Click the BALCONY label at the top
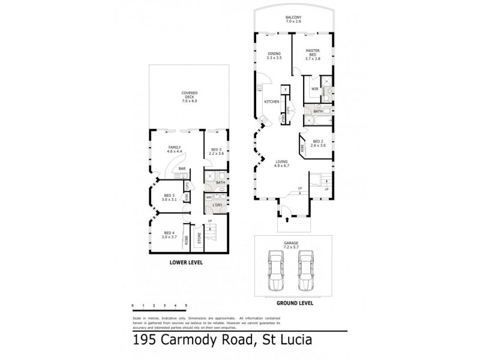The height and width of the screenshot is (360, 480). point(293,19)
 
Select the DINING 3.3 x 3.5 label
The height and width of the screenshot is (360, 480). point(274,56)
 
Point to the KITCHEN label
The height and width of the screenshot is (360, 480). point(272,101)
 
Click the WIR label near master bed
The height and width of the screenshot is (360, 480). point(314,89)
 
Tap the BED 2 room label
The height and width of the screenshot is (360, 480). point(317,144)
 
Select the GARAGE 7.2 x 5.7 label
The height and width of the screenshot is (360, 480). point(292,244)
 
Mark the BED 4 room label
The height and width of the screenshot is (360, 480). point(169,235)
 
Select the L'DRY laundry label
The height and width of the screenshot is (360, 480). point(217,206)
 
